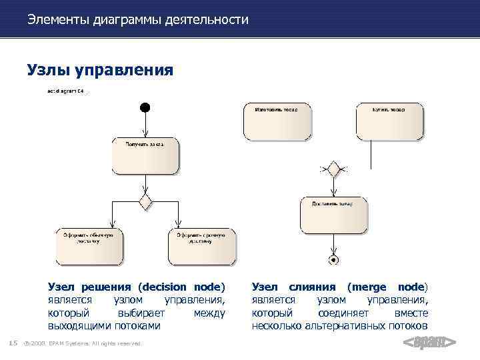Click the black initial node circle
pyautogui.click(x=145, y=107)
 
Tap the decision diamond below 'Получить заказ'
pyautogui.click(x=145, y=201)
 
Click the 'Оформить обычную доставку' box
pyautogui.click(x=88, y=246)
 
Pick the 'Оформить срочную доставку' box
pyautogui.click(x=201, y=246)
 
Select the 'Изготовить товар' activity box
pyautogui.click(x=277, y=121)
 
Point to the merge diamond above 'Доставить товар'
pyautogui.click(x=333, y=169)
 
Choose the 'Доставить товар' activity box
pyautogui.click(x=333, y=213)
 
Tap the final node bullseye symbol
pyautogui.click(x=333, y=259)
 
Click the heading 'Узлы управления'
pyautogui.click(x=100, y=69)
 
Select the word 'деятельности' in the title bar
pyautogui.click(x=209, y=20)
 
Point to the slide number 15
pyautogui.click(x=12, y=343)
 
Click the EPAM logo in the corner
pyautogui.click(x=430, y=343)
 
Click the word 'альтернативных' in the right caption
pyautogui.click(x=341, y=326)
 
